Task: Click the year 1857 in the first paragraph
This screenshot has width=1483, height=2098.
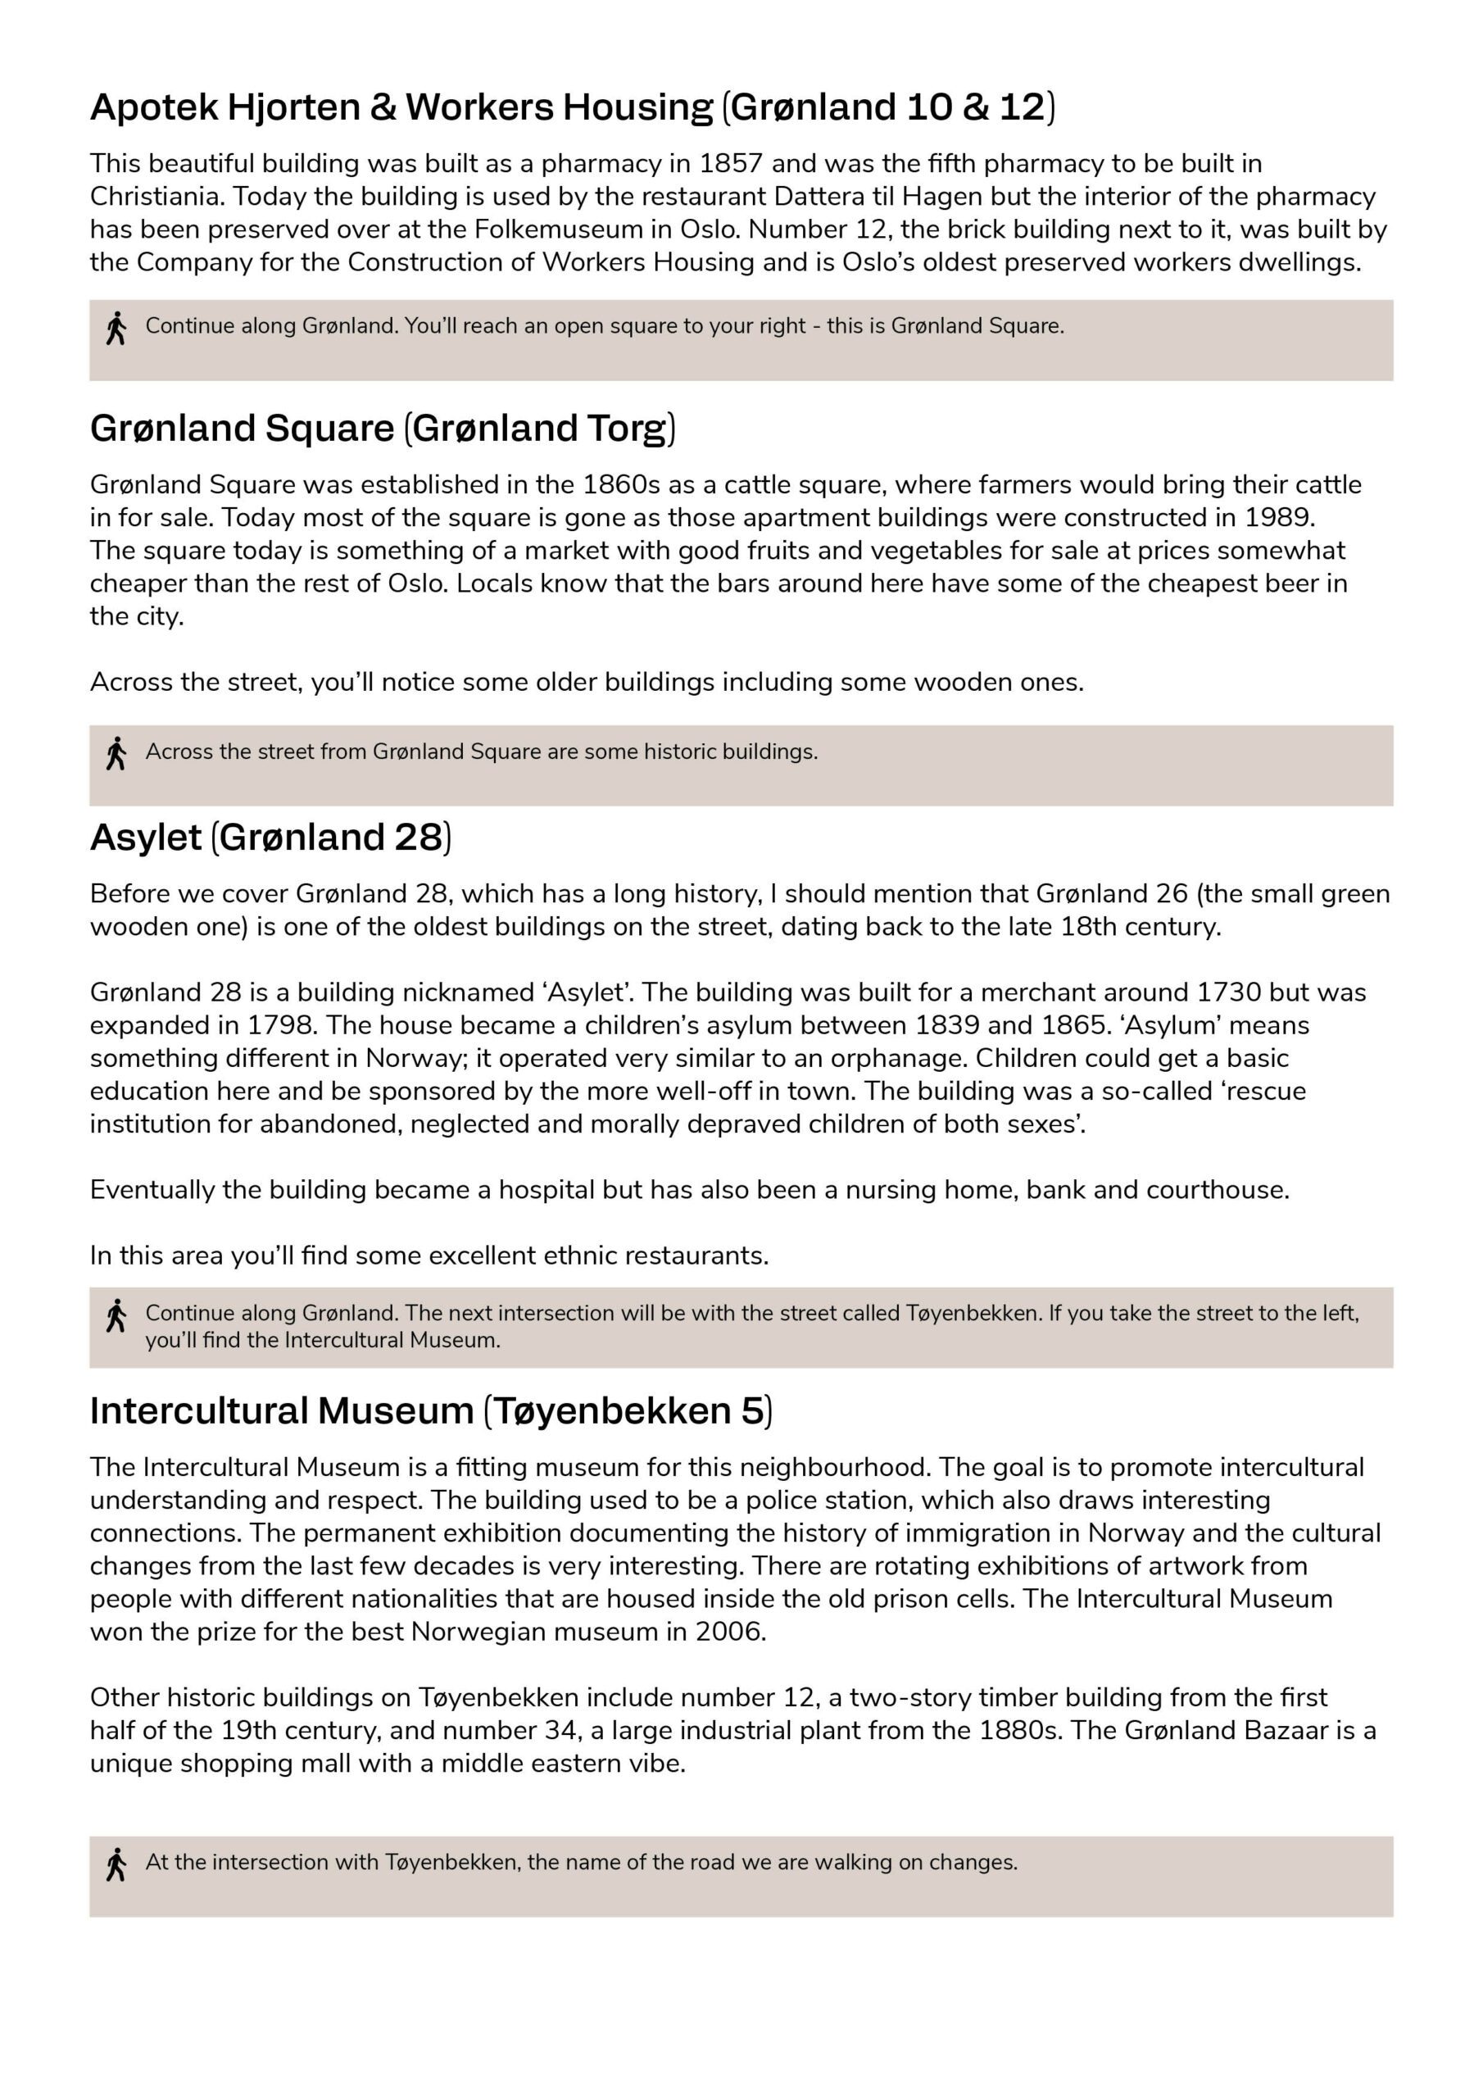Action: click(730, 164)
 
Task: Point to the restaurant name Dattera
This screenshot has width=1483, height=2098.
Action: click(818, 197)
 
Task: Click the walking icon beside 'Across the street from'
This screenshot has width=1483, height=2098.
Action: click(116, 754)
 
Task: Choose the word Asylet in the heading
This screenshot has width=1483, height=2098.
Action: click(145, 837)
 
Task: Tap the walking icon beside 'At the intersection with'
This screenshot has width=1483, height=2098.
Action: click(116, 1865)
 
